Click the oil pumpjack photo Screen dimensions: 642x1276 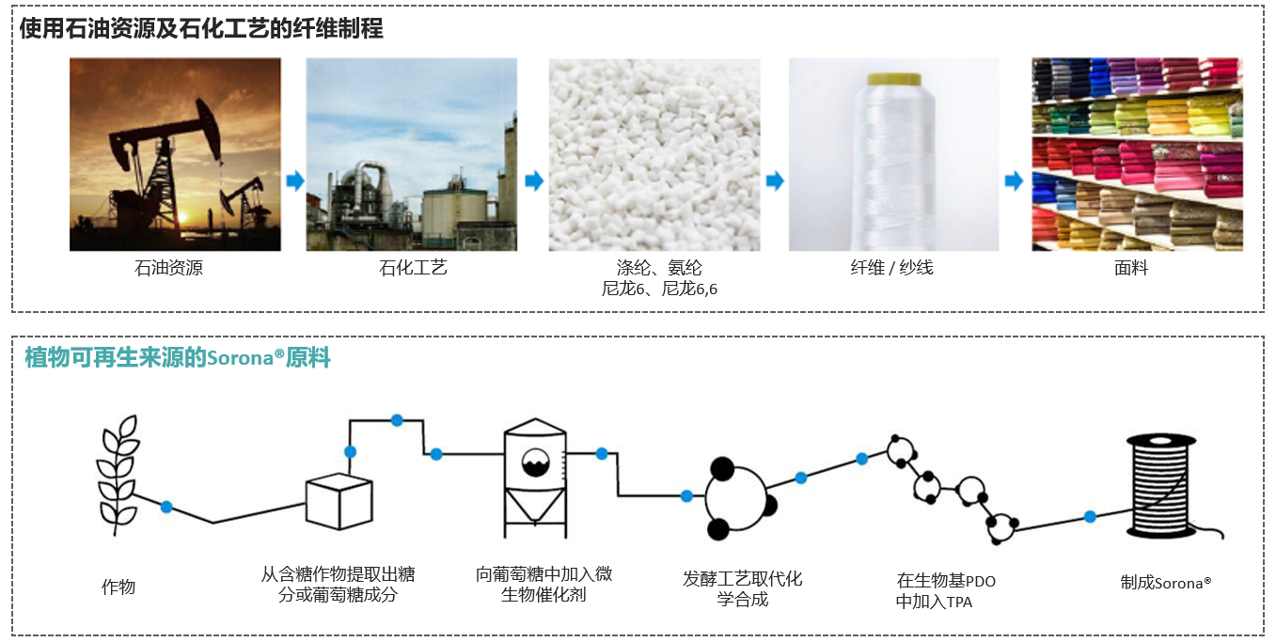pos(175,154)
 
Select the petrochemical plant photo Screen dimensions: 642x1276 pos(411,154)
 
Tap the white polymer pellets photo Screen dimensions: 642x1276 pos(654,154)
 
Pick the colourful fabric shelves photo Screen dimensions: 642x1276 pos(1136,154)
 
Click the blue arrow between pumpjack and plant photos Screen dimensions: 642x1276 pos(295,180)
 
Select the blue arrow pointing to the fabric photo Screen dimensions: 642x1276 pos(1014,180)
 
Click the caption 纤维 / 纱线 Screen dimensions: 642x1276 pos(891,268)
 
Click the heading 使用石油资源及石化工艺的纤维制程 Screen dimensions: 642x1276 pos(201,29)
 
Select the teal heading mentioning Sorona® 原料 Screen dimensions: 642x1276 pos(178,358)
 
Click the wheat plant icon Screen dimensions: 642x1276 pos(118,474)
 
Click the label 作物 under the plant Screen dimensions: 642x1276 pos(118,587)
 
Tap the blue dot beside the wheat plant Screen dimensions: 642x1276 pos(166,507)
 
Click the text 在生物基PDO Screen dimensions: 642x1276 pos(946,581)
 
